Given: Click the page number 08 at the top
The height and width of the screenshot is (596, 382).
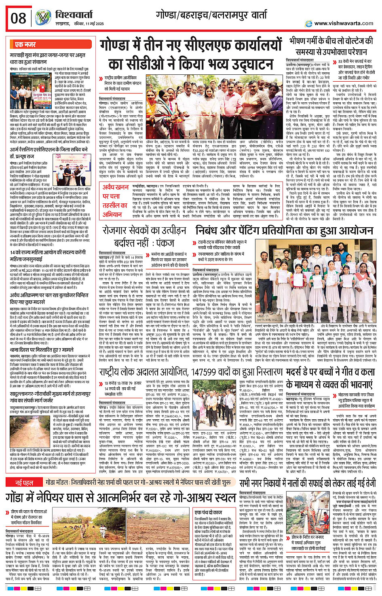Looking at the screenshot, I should point(19,18).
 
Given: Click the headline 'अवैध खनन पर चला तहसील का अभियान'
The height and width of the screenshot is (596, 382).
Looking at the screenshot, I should point(115,201).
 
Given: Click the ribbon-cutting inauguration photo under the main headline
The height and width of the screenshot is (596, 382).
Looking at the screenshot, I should point(238,99).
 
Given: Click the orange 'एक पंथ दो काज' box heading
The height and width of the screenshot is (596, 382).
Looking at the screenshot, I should point(208,512).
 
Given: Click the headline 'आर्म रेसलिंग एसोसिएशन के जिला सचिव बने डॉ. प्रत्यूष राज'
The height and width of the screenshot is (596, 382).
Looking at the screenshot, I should point(49,152).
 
